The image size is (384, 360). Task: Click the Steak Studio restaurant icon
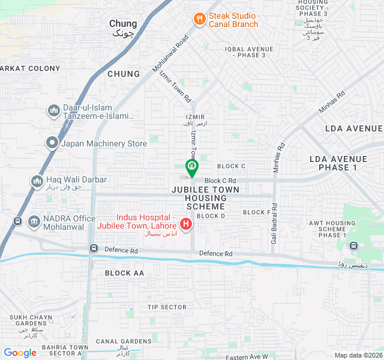click(x=199, y=19)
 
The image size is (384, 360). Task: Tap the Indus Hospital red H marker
click(x=186, y=225)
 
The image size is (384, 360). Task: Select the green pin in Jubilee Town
click(x=191, y=166)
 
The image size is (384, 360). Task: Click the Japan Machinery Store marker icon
click(x=52, y=143)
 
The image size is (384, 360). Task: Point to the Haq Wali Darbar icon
click(x=37, y=180)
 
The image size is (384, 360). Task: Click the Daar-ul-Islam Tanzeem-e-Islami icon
click(x=52, y=110)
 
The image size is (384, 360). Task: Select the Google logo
click(x=20, y=353)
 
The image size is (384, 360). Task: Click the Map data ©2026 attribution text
click(x=358, y=355)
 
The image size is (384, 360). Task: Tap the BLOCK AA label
click(x=125, y=273)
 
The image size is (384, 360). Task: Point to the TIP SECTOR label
click(x=167, y=307)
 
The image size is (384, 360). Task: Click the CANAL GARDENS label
click(x=124, y=341)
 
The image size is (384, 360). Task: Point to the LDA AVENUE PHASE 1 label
click(x=334, y=163)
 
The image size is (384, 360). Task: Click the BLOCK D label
click(x=211, y=216)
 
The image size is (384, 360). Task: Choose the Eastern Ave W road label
click(x=247, y=357)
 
